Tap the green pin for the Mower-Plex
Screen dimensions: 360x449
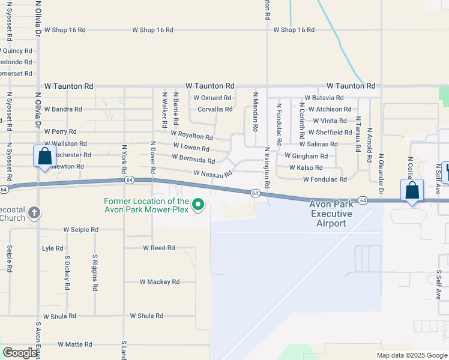198,206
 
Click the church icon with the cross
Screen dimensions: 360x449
35,212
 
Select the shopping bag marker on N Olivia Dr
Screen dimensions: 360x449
45,158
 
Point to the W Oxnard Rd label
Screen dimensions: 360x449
212,98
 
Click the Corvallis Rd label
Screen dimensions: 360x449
215,109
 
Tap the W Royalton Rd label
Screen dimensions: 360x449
191,136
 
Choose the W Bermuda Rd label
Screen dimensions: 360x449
193,159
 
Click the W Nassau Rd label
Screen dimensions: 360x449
213,173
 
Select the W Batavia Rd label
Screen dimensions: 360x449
324,98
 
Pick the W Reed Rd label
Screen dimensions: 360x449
158,247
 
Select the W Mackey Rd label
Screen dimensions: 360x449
160,281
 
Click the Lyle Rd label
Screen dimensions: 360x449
53,248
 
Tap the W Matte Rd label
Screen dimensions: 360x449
75,344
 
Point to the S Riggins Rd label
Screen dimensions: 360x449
95,272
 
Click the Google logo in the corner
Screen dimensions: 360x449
20,353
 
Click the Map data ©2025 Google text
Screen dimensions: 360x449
411,355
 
